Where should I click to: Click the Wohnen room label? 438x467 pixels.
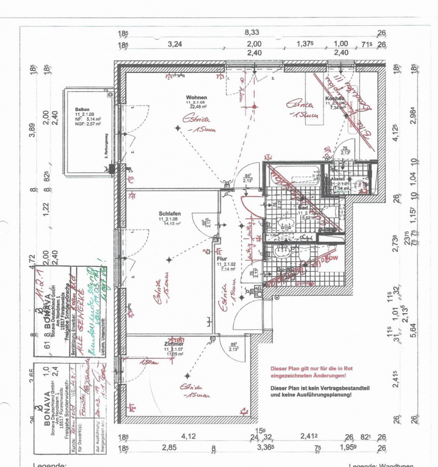click(x=196, y=98)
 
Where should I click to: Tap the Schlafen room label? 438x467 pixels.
click(x=169, y=213)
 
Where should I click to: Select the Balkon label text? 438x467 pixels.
click(x=82, y=110)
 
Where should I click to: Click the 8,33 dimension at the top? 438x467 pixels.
click(x=252, y=33)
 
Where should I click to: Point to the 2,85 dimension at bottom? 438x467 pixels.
click(x=169, y=448)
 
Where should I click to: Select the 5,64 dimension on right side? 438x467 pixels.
click(x=415, y=329)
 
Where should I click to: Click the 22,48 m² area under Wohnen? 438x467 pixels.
click(x=197, y=107)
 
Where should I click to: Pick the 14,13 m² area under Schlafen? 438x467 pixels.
click(x=170, y=223)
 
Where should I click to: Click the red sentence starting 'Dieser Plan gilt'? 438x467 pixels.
click(x=311, y=372)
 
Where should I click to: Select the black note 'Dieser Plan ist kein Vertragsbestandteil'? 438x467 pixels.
click(x=311, y=391)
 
